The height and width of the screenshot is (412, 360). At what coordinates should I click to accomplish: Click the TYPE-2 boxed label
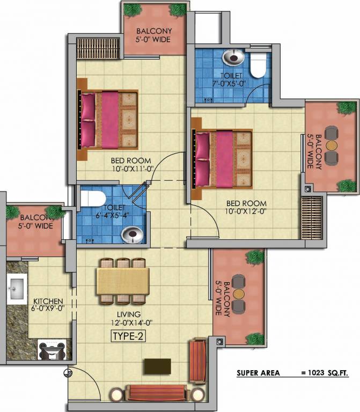[129, 336]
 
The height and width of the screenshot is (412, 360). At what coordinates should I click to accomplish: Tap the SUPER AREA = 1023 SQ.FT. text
[292, 373]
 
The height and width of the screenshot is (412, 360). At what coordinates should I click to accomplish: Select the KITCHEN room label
[48, 301]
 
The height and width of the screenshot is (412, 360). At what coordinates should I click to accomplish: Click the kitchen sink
[17, 289]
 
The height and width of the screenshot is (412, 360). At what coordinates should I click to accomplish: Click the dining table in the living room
[123, 281]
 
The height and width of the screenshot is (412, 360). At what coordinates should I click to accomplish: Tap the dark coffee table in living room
[157, 366]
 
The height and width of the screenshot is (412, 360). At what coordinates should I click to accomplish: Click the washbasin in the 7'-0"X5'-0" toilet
[233, 57]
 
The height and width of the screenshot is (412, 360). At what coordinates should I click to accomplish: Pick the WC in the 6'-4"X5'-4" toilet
[92, 198]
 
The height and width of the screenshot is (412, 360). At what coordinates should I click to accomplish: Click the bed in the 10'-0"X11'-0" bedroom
[108, 120]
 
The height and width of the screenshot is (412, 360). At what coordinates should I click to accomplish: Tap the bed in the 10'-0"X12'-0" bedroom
[222, 159]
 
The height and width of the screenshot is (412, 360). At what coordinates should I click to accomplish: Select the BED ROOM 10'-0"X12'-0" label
[246, 207]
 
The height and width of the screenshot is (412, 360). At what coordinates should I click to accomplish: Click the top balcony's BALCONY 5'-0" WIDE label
[154, 35]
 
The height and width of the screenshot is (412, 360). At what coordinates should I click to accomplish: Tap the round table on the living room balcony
[239, 293]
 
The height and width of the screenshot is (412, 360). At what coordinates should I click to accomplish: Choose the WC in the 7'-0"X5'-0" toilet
[258, 64]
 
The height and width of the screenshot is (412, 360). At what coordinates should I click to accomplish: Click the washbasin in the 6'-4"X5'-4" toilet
[132, 234]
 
